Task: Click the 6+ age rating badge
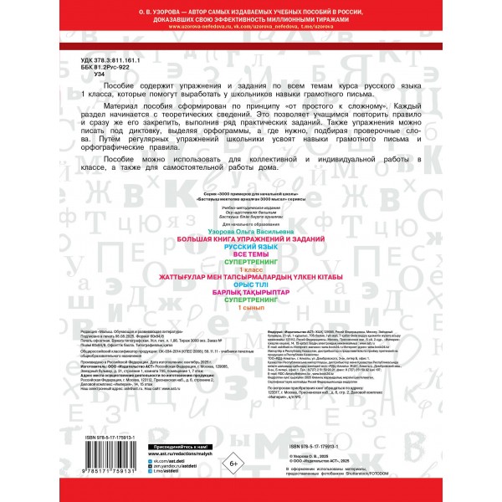(x=233, y=463)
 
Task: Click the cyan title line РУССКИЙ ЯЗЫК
(x=250, y=246)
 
